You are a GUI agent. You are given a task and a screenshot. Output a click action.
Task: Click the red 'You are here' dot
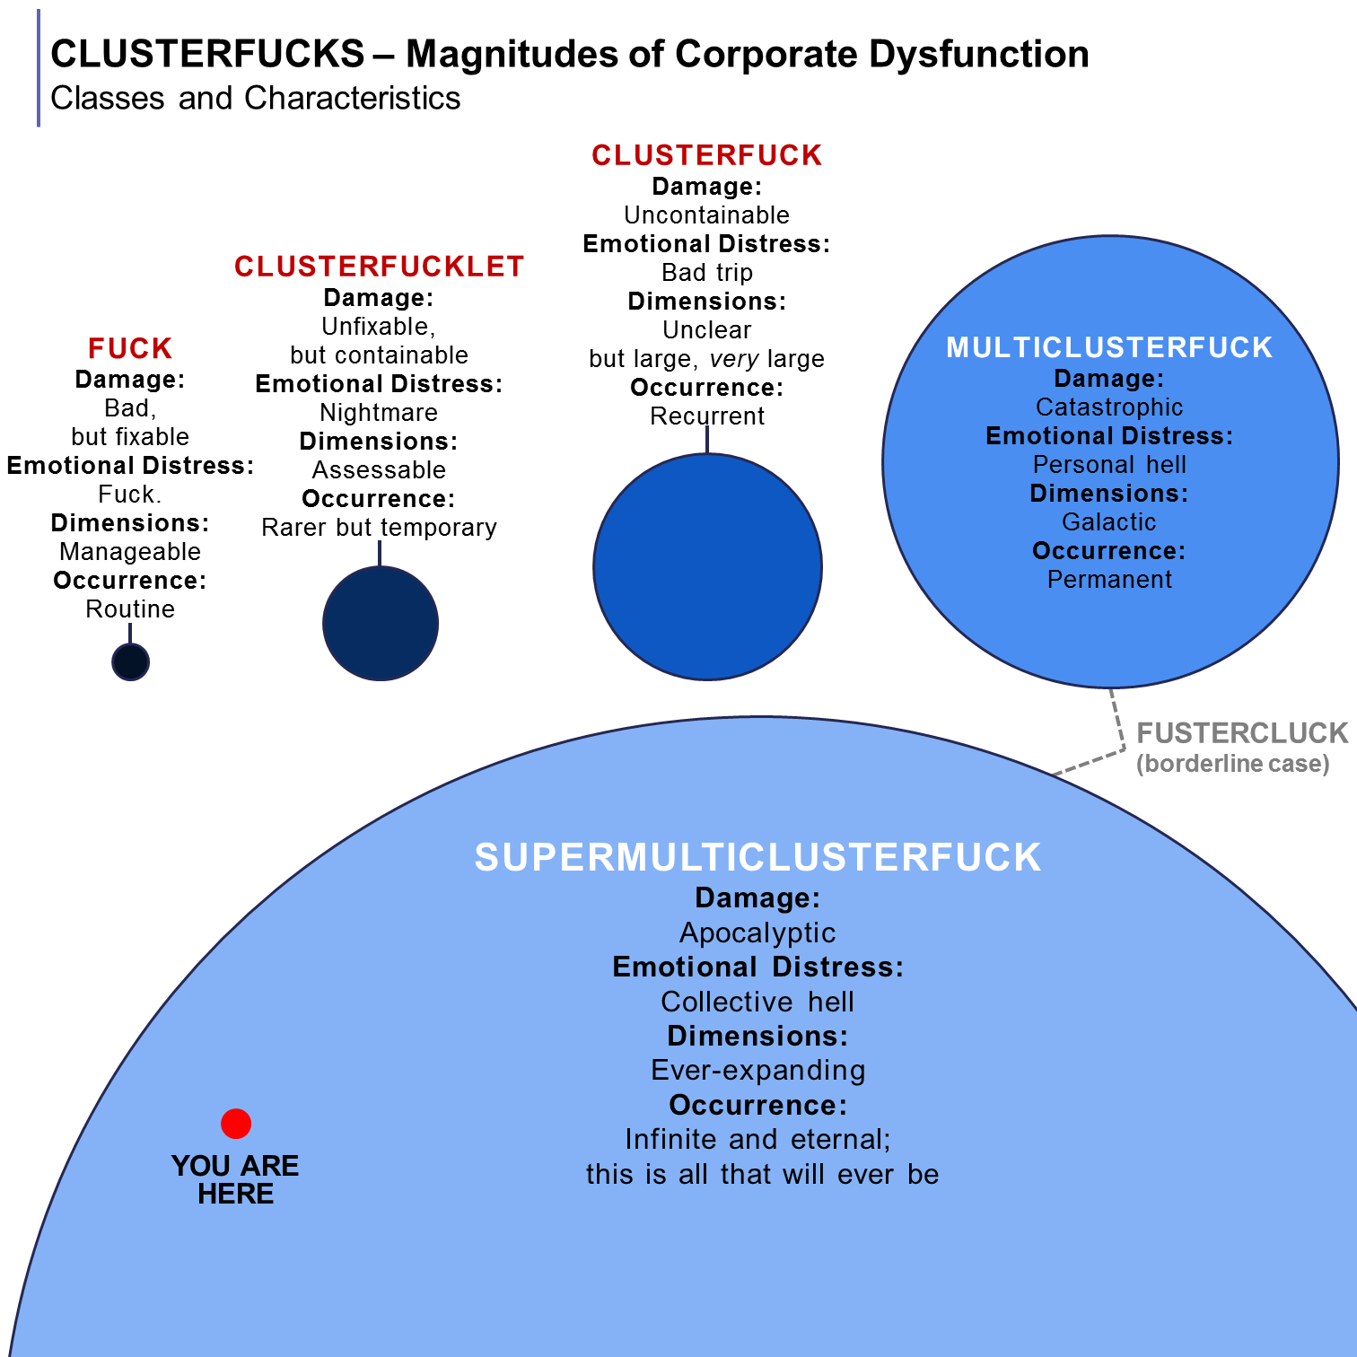pos(236,1123)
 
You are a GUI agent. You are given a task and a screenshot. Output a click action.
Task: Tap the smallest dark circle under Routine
pos(130,662)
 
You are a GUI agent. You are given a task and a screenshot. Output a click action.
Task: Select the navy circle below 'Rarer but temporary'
pos(381,624)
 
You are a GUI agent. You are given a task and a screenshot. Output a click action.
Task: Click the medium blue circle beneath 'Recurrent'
pos(707,567)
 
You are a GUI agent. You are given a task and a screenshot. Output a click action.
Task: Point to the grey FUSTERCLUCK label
pos(1242,733)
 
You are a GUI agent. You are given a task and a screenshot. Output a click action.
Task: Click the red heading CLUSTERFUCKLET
pos(379,267)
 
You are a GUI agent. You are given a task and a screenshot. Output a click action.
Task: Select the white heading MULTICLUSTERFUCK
pos(1109,347)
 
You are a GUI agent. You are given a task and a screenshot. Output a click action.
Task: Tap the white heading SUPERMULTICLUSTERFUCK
pos(757,857)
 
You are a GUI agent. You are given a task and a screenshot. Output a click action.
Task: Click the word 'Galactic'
pos(1109,521)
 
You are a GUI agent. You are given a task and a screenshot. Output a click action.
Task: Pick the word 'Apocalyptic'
pos(757,932)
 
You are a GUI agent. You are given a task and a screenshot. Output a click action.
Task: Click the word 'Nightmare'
pos(379,412)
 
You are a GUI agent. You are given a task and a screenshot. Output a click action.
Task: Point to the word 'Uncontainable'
pos(706,215)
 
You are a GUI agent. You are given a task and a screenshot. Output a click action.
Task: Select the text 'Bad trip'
pos(706,272)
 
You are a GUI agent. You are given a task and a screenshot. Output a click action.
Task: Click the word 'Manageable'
pos(130,551)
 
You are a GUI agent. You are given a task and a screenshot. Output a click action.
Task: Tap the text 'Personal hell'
pos(1109,464)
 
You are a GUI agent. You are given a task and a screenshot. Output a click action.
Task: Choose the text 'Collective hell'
pos(757,1002)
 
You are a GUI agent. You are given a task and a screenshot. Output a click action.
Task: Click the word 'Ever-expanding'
pos(757,1070)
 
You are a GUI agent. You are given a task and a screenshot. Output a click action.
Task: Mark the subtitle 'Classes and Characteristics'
pos(255,98)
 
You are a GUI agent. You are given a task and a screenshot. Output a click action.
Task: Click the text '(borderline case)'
pos(1232,764)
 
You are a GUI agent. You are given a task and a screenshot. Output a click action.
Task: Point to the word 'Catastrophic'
pos(1109,407)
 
